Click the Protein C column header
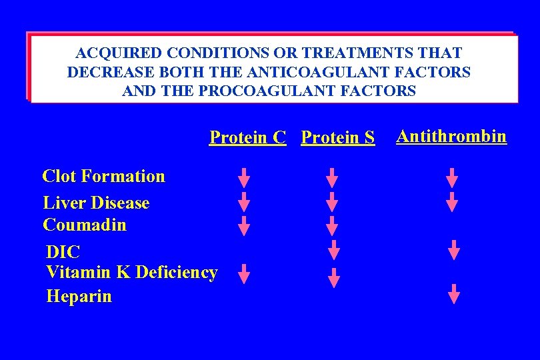point(247,137)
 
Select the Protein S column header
point(338,137)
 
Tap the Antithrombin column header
point(451,137)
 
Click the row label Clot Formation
point(103,176)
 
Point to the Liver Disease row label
point(96,203)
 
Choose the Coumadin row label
point(84,225)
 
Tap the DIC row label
point(63,252)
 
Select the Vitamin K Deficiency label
point(131,272)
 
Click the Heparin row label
point(79,296)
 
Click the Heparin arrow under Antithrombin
point(454,293)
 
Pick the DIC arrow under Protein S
point(334,249)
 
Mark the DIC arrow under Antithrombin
point(453,249)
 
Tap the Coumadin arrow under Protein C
point(245,225)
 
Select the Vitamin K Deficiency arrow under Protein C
point(245,273)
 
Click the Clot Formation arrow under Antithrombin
point(452,177)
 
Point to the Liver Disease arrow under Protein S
point(332,201)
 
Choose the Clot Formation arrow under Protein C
point(245,177)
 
